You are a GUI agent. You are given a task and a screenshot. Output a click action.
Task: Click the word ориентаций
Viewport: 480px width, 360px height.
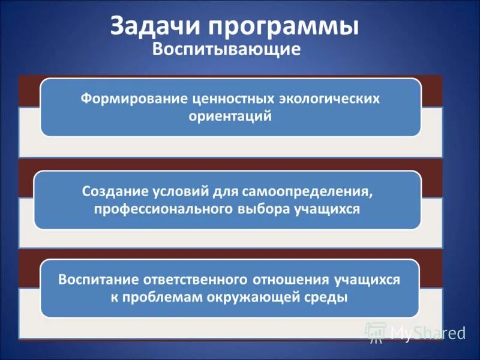click(230, 116)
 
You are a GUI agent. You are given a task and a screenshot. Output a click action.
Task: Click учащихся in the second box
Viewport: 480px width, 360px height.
click(327, 209)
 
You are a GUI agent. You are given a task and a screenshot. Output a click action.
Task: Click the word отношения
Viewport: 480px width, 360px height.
click(291, 280)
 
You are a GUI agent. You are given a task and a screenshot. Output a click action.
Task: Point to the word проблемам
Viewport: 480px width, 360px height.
click(158, 298)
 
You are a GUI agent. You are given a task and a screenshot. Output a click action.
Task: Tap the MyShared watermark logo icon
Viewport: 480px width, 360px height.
click(376, 332)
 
